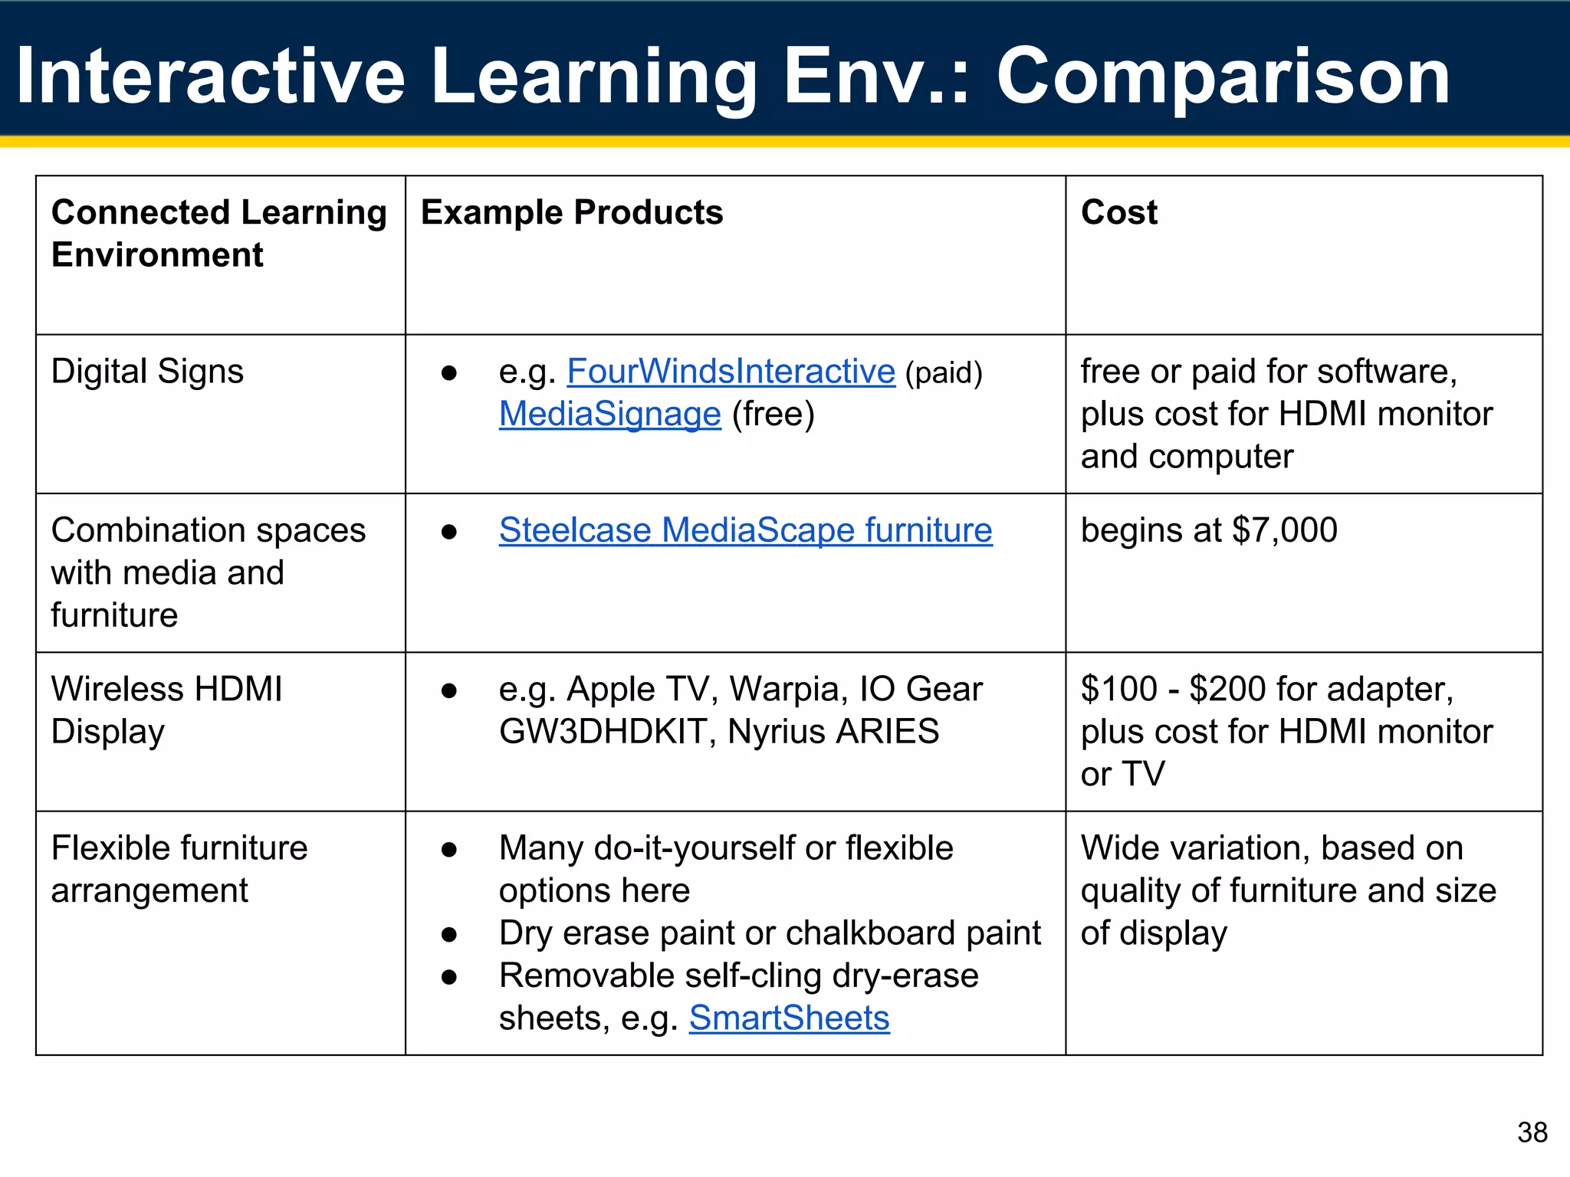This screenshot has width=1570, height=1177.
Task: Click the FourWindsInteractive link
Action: [x=731, y=372]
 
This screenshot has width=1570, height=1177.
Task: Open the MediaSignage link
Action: [x=609, y=415]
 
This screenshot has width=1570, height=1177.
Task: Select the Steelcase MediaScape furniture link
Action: [x=745, y=530]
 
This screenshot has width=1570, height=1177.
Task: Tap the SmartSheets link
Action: [x=789, y=1018]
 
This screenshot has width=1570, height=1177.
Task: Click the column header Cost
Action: [x=1118, y=212]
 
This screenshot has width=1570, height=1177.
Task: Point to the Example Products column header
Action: [x=571, y=212]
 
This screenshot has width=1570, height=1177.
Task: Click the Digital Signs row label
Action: [x=147, y=372]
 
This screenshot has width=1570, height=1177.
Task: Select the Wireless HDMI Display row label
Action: [x=166, y=710]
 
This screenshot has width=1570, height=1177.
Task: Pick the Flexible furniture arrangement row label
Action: [x=179, y=870]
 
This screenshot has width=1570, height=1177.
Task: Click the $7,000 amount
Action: [x=1284, y=530]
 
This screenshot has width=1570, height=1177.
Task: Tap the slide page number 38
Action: [x=1532, y=1133]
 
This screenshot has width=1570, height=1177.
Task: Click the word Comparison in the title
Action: [x=1222, y=76]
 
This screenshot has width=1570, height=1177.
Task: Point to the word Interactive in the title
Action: [x=210, y=76]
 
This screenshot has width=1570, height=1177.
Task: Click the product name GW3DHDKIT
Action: [x=602, y=732]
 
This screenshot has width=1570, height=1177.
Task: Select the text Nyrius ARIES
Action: [x=833, y=732]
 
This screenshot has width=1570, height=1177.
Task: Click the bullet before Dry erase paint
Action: [x=449, y=934]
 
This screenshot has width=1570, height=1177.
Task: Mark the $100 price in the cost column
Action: [x=1118, y=689]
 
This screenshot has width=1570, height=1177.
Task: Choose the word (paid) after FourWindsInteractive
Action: [x=943, y=373]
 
